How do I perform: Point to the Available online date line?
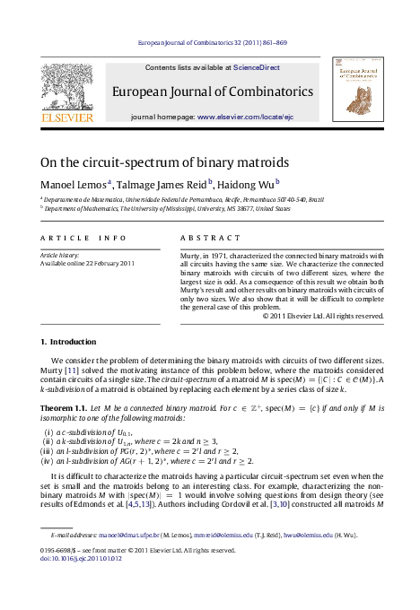pos(88,263)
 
